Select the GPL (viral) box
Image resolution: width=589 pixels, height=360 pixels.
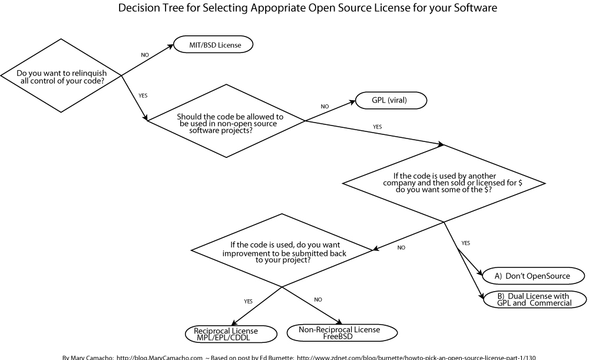point(390,101)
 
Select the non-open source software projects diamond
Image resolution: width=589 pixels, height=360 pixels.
point(226,121)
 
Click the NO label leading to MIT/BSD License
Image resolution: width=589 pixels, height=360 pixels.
point(145,55)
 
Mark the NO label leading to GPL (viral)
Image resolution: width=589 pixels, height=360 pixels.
point(325,107)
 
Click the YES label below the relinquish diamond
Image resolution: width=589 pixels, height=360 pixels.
point(143,95)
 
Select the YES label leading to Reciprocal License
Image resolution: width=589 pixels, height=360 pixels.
point(249,301)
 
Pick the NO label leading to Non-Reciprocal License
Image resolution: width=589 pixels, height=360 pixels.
point(318,300)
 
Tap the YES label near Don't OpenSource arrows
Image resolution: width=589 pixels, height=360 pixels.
point(466,243)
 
